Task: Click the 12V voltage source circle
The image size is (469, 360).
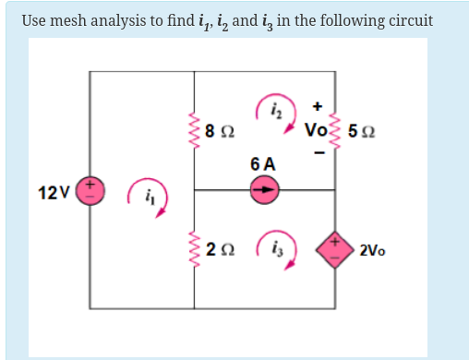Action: coord(90,192)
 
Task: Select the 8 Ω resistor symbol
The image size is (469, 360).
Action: coord(195,130)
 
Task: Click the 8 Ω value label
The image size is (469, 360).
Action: coord(220,131)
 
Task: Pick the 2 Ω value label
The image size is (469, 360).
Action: coord(220,249)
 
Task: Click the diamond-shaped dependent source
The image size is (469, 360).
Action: coord(334,248)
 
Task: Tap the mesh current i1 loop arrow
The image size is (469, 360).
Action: coord(148,196)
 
